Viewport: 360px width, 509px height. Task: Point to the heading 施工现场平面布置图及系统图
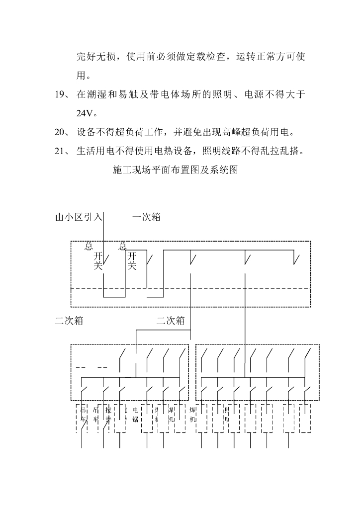coord(176,170)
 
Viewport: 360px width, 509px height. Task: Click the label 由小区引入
coord(79,217)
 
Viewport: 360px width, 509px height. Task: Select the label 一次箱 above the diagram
coord(146,217)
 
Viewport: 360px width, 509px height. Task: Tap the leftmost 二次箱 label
coord(69,321)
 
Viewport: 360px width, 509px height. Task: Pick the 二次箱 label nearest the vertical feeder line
coord(171,321)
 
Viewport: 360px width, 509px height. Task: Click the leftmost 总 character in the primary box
coord(89,246)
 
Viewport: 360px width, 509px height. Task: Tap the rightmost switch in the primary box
coord(297,258)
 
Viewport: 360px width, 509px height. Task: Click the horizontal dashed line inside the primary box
coord(191,288)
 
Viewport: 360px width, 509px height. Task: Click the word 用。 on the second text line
coord(84,76)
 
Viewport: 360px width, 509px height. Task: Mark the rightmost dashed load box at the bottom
coord(305,418)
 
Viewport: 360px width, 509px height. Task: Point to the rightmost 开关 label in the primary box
coord(132,261)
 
